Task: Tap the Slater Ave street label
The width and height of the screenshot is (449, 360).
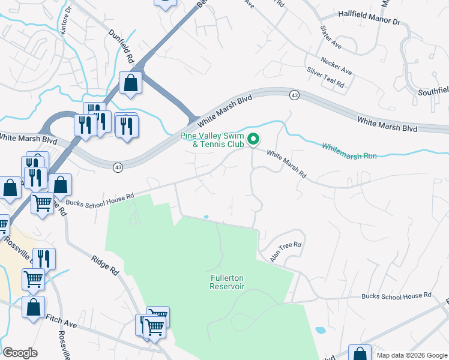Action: pyautogui.click(x=331, y=38)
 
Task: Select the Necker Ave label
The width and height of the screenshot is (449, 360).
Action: pyautogui.click(x=336, y=67)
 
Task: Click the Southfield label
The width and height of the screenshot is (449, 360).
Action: pyautogui.click(x=433, y=92)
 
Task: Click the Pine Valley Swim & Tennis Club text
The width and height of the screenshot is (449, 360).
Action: pyautogui.click(x=212, y=140)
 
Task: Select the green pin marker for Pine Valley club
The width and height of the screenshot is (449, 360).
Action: pyautogui.click(x=253, y=140)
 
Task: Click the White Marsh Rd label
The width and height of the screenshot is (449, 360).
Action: pyautogui.click(x=286, y=164)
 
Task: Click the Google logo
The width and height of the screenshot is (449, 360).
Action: pyautogui.click(x=20, y=353)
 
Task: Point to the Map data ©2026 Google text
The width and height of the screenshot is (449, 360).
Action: pyautogui.click(x=411, y=355)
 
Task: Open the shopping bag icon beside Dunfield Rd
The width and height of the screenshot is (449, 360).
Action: pyautogui.click(x=130, y=83)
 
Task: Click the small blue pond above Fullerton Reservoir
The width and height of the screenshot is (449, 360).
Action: pyautogui.click(x=206, y=217)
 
